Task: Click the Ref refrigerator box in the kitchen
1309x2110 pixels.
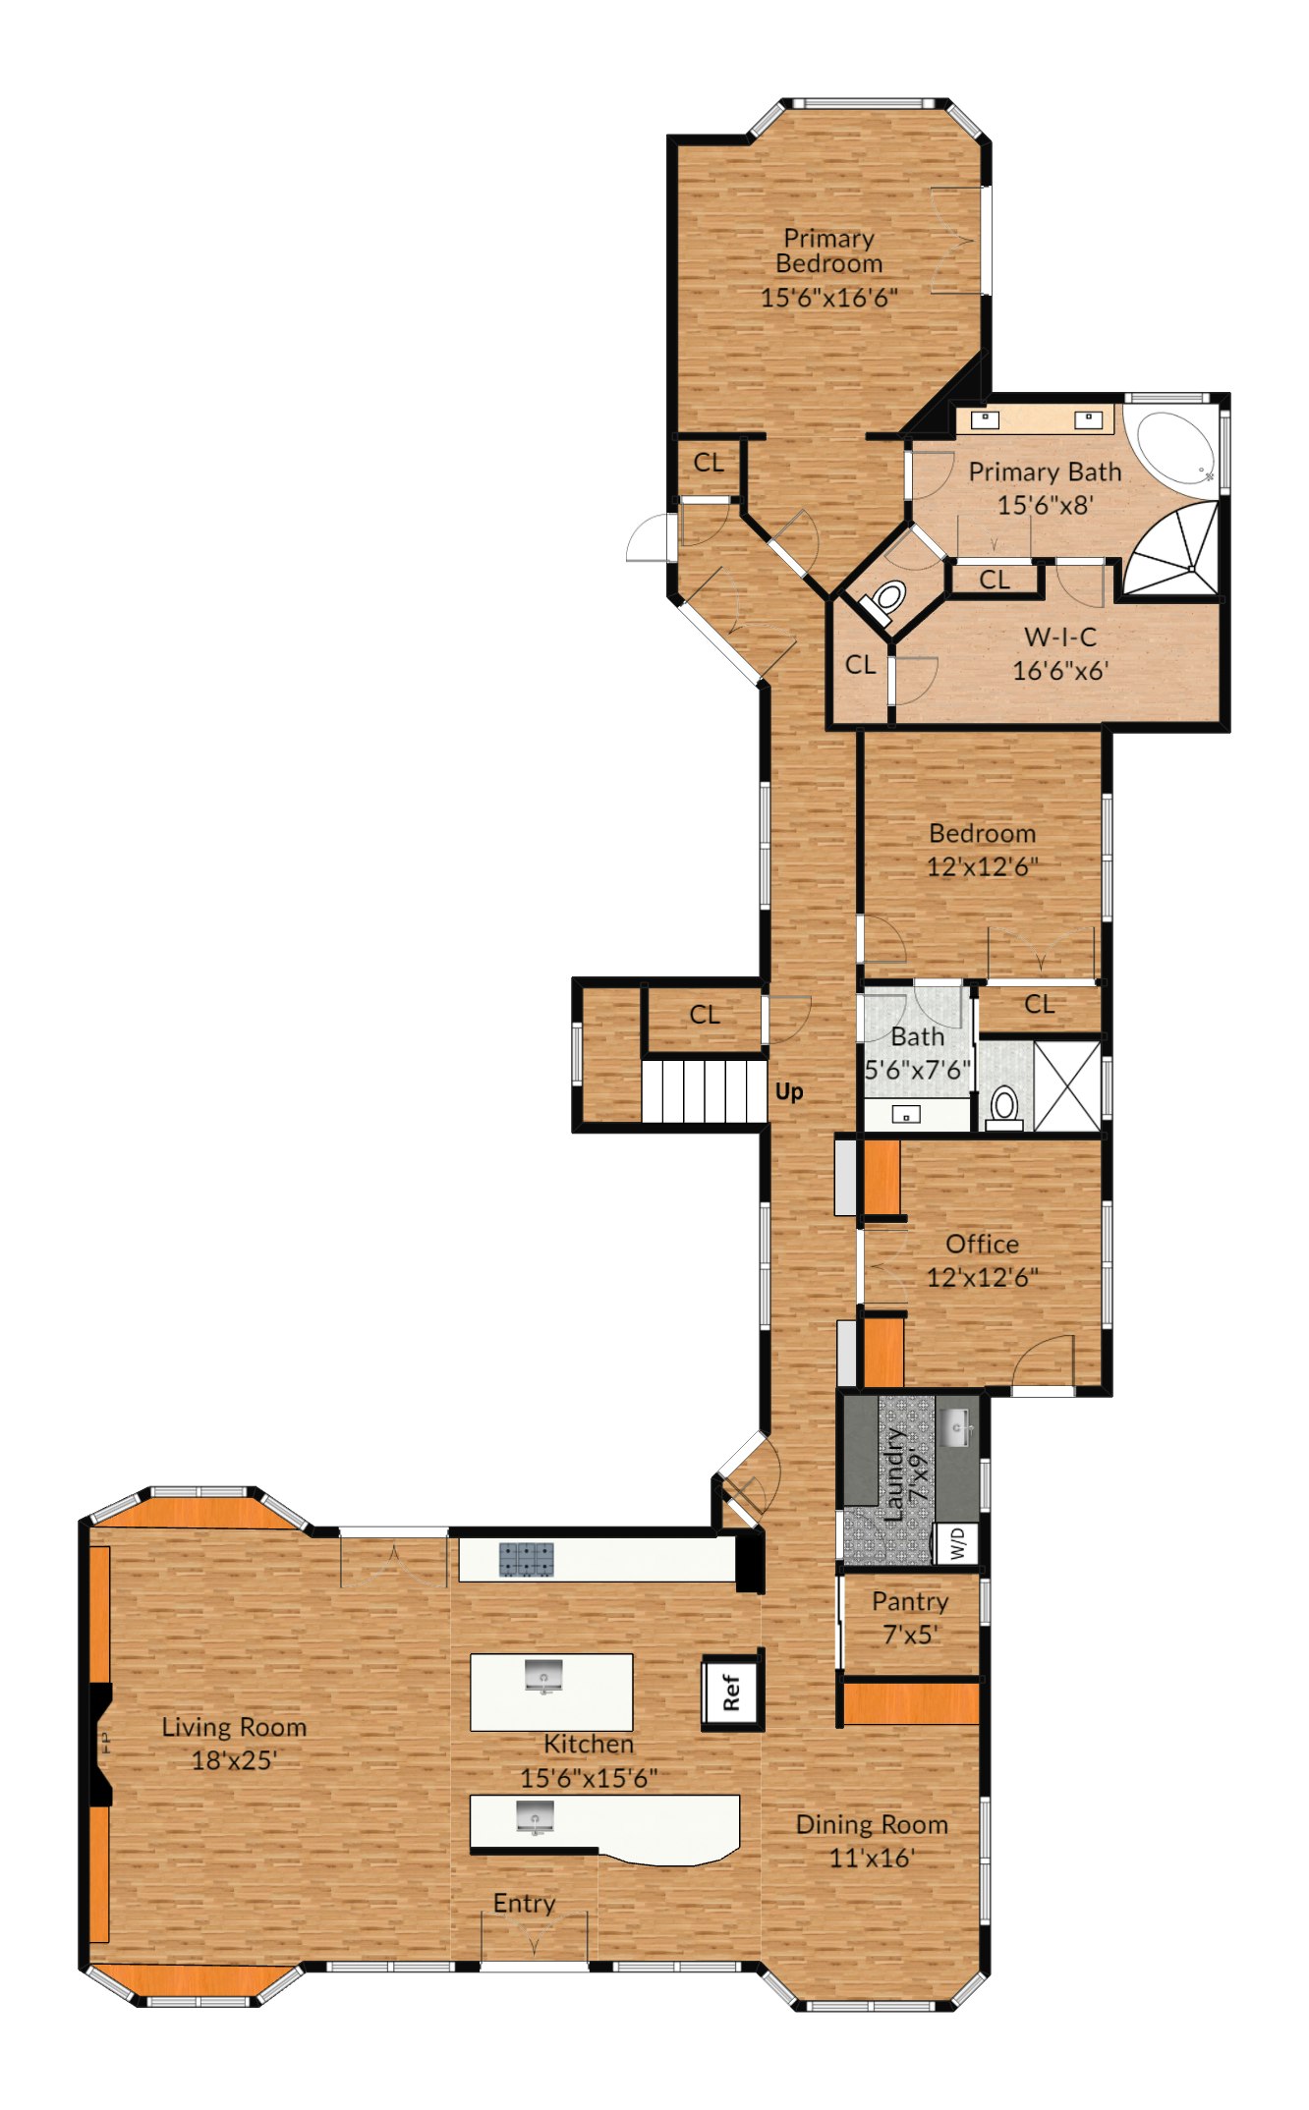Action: click(731, 1692)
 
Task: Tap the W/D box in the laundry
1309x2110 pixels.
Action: click(957, 1542)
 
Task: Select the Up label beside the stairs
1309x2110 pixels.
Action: click(789, 1091)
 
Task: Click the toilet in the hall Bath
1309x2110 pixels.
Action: click(1003, 1107)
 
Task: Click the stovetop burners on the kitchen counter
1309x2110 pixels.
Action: click(526, 1558)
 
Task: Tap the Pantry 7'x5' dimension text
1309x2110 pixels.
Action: click(910, 1635)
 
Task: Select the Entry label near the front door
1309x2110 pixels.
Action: click(524, 1903)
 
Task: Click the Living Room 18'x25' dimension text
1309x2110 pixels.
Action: click(234, 1759)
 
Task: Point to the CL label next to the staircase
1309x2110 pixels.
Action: click(705, 1014)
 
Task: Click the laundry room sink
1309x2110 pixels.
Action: click(956, 1426)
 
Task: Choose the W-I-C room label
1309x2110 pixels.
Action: click(1060, 637)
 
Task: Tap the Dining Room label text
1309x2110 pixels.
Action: click(872, 1824)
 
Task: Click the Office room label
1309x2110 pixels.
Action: click(982, 1244)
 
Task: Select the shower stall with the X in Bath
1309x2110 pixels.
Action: click(1067, 1086)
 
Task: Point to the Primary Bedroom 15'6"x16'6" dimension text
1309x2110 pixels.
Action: click(829, 297)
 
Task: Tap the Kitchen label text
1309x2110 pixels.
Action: click(589, 1744)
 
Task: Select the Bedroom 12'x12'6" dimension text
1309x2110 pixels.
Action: click(983, 866)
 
